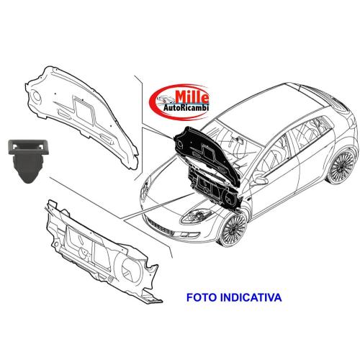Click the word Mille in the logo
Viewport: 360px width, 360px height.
[x=192, y=97]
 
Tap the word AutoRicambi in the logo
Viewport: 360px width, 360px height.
[x=186, y=108]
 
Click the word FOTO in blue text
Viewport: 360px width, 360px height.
[x=202, y=297]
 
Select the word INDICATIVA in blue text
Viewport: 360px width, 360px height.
[x=251, y=297]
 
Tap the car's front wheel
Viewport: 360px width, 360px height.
[x=234, y=228]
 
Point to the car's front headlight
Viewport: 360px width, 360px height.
[x=196, y=215]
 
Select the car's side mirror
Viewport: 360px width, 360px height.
[x=259, y=179]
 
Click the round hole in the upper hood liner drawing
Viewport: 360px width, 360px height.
[x=37, y=96]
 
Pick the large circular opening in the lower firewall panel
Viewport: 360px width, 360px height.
[x=131, y=270]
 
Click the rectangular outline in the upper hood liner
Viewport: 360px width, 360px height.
[x=84, y=110]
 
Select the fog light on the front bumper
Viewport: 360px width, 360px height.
[x=190, y=235]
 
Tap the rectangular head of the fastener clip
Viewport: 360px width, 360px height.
[x=29, y=147]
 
